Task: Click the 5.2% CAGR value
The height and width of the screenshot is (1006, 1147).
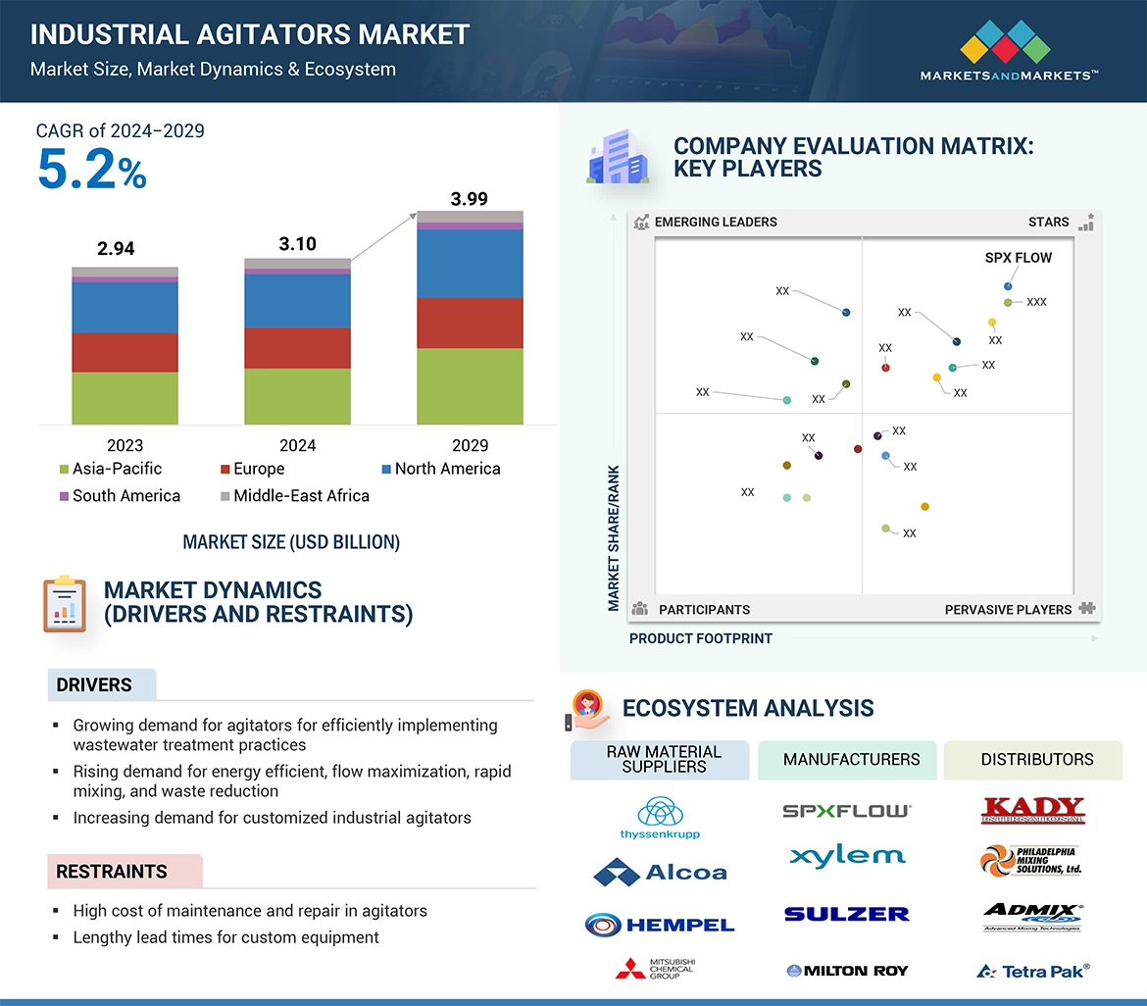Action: coord(91,170)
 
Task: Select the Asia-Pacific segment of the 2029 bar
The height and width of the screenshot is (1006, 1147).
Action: coord(470,386)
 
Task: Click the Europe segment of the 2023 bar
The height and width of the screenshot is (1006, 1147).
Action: coord(125,352)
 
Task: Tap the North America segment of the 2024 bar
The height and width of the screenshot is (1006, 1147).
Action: coord(297,300)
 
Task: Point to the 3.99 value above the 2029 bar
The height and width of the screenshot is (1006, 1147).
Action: coord(469,199)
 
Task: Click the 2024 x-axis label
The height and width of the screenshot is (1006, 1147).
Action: coord(297,445)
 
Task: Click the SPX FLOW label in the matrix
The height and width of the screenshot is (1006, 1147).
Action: coord(1018,258)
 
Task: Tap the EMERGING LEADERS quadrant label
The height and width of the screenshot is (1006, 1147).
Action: coord(715,222)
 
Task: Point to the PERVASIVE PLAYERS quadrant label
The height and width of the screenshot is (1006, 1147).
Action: coord(1008,610)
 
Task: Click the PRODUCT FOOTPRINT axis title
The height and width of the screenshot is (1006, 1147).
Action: coord(700,638)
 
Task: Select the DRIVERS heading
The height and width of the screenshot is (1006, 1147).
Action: coord(94,685)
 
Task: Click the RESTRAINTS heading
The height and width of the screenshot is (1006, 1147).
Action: coord(112,872)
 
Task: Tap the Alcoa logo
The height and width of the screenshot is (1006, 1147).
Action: coord(660,872)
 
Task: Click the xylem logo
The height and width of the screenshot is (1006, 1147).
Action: coord(847,856)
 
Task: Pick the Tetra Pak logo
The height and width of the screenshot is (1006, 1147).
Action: coord(1033,971)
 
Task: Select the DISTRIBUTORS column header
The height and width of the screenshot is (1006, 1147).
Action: coord(1036,760)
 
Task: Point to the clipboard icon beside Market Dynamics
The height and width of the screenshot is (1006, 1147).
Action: coord(65,604)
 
